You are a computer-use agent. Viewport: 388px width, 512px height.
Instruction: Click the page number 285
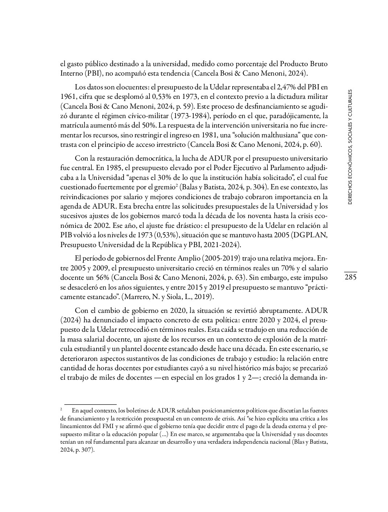[350, 278]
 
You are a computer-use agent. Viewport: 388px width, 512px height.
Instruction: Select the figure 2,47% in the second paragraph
[288, 87]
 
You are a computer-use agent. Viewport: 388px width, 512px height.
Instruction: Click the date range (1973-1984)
[189, 116]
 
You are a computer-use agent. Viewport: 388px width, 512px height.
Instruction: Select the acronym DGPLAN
[311, 234]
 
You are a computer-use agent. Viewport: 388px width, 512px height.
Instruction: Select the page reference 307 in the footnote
[87, 449]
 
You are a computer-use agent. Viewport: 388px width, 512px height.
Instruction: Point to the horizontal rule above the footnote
[90, 404]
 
